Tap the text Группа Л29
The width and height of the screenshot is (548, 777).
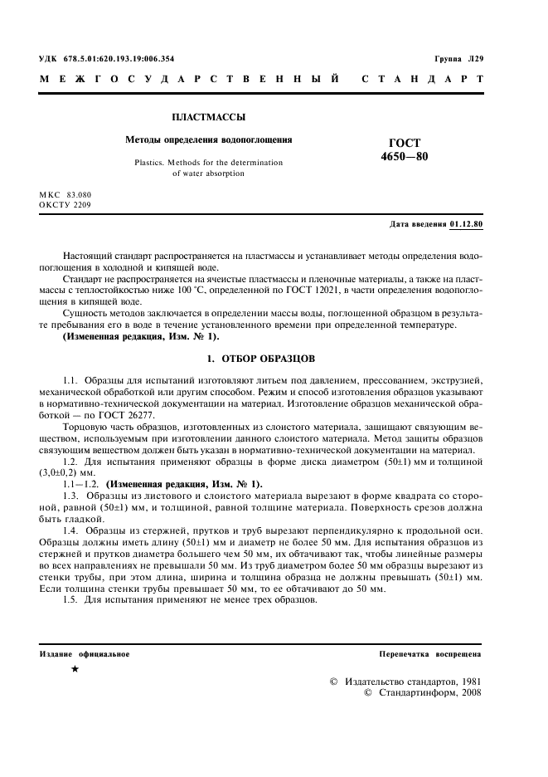(458, 59)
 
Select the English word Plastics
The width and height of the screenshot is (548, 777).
(153, 163)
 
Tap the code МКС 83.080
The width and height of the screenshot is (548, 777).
(65, 193)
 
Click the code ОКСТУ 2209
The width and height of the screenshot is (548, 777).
(65, 203)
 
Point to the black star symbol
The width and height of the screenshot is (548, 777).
(75, 668)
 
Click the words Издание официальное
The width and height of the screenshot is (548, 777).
(85, 654)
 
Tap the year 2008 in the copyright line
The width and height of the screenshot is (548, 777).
(467, 691)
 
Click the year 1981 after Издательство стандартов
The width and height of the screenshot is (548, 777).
(467, 681)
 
